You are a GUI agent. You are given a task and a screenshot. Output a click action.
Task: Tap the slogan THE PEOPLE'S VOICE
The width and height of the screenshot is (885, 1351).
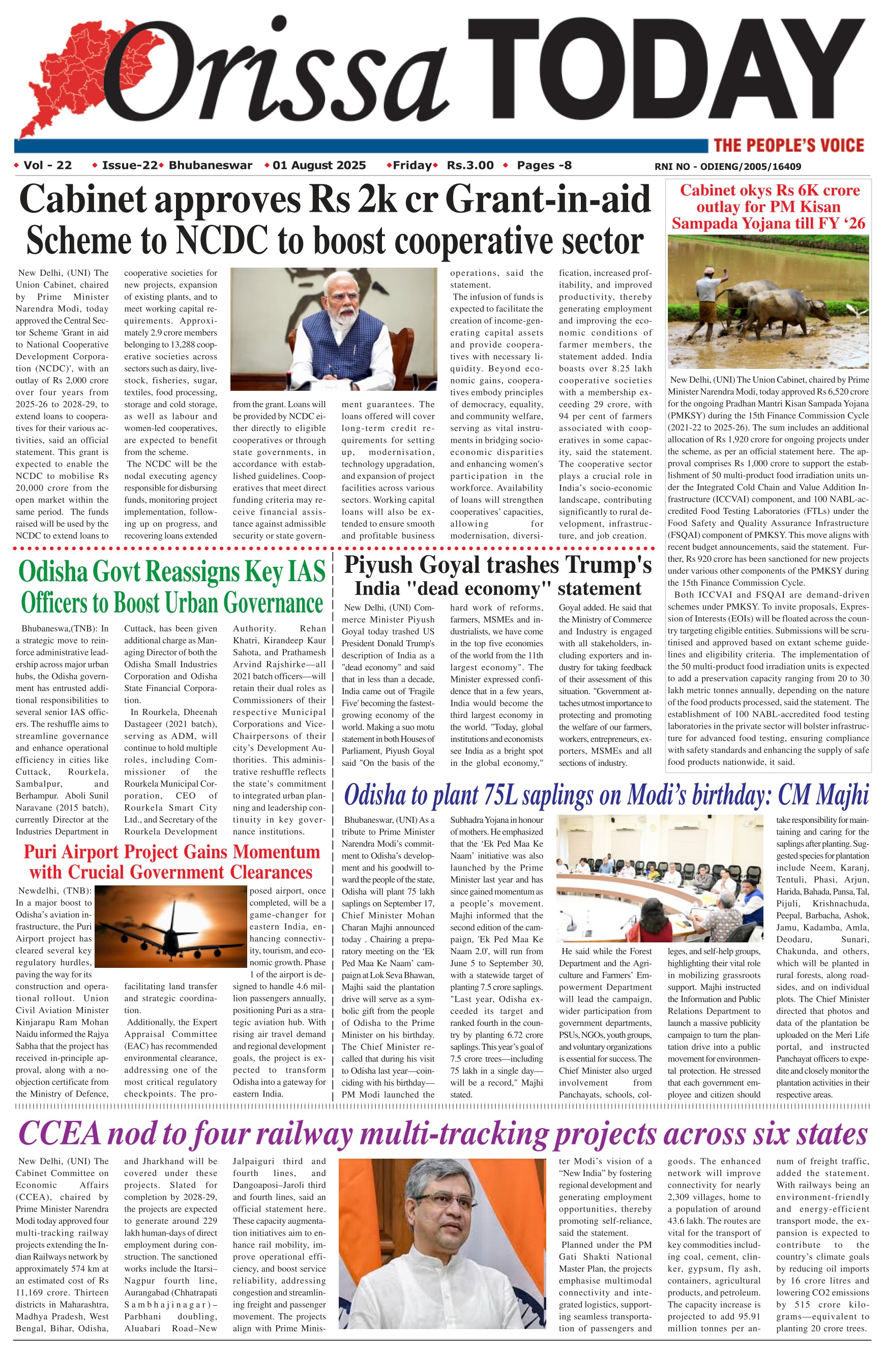coord(788,146)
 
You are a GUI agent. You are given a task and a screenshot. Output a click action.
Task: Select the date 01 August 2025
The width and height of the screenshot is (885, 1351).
coord(319,165)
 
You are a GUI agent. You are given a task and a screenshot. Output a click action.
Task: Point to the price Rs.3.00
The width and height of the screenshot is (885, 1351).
coord(470,165)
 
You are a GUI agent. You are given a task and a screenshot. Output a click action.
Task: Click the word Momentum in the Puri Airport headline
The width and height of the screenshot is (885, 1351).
coord(276,852)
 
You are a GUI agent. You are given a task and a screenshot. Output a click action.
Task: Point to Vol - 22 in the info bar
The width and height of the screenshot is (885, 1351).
coord(48,165)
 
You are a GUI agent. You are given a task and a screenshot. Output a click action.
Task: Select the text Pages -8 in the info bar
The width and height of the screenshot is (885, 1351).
coord(544,165)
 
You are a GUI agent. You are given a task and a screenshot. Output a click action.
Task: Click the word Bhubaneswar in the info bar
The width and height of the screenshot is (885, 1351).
coord(211,165)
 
